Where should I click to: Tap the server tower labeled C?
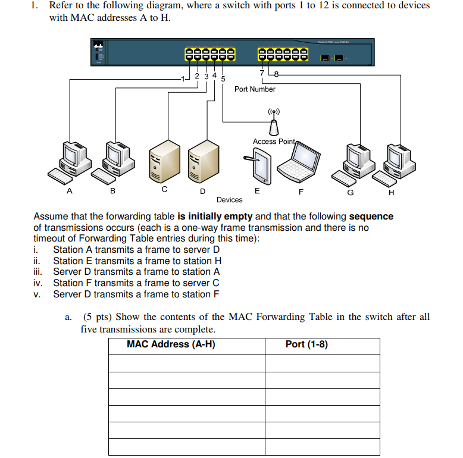pyautogui.click(x=164, y=161)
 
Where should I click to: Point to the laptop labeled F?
pyautogui.click(x=301, y=163)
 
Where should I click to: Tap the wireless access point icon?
pyautogui.click(x=274, y=122)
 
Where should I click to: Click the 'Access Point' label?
pyautogui.click(x=273, y=142)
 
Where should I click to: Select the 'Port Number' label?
pyautogui.click(x=255, y=89)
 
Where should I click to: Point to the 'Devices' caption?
pyautogui.click(x=229, y=200)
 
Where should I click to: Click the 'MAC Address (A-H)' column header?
pyautogui.click(x=171, y=345)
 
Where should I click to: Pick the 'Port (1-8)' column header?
pyautogui.click(x=306, y=345)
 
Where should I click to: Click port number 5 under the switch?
pyautogui.click(x=223, y=79)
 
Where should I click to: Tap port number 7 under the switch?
pyautogui.click(x=262, y=73)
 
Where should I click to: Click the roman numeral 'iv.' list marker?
pyautogui.click(x=39, y=283)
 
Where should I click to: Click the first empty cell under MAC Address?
pyautogui.click(x=186, y=363)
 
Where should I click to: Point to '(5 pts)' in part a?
pyautogui.click(x=97, y=317)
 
